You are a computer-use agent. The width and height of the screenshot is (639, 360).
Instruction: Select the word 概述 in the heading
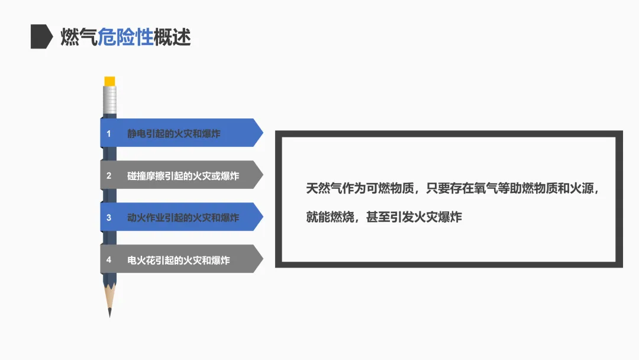click(172, 37)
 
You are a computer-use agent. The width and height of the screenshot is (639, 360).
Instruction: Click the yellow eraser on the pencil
click(109, 81)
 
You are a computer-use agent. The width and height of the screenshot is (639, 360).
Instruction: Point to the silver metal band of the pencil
click(109, 99)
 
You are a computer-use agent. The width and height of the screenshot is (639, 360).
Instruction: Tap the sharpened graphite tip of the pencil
click(109, 311)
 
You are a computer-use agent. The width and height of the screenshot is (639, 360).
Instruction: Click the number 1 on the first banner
click(109, 134)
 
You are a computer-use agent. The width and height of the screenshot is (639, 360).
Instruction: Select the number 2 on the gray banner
click(109, 176)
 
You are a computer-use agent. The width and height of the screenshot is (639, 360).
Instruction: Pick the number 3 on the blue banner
click(109, 218)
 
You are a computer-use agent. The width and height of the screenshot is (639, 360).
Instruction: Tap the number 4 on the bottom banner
click(109, 260)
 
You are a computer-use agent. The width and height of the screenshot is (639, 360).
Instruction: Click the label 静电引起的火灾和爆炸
click(174, 134)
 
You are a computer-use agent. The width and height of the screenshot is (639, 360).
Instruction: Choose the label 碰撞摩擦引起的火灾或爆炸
click(183, 176)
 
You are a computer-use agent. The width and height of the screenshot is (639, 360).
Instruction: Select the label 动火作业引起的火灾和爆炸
click(183, 218)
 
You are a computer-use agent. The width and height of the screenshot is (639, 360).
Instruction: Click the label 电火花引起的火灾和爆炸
click(179, 260)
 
